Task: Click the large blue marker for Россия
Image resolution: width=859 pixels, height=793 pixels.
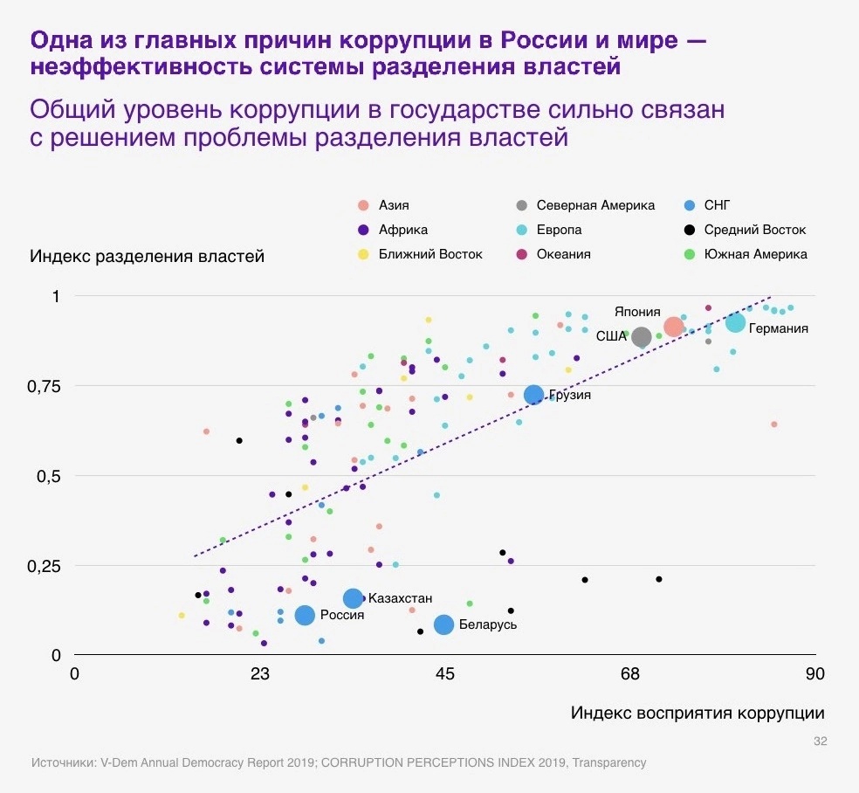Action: point(305,615)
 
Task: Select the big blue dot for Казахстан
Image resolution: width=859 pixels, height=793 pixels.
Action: point(353,598)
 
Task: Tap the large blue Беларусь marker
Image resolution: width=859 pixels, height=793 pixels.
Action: point(443,624)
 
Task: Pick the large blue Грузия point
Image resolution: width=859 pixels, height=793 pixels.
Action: point(533,395)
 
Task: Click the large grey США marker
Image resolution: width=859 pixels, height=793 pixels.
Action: point(642,337)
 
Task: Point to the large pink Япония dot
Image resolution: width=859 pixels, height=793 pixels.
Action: point(673,328)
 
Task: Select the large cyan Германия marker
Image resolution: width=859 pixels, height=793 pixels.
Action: point(735,322)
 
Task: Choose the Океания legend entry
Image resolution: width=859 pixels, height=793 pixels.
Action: point(563,254)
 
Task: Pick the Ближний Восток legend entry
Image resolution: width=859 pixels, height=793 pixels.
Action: point(430,254)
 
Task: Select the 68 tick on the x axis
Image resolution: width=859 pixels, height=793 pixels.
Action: point(630,674)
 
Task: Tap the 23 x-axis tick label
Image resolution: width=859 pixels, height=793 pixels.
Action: point(259,674)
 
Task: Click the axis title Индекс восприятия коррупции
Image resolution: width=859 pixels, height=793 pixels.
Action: point(698,713)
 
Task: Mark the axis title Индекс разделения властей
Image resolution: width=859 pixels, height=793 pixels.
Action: point(147,257)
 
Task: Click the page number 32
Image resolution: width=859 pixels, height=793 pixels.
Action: point(820,741)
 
